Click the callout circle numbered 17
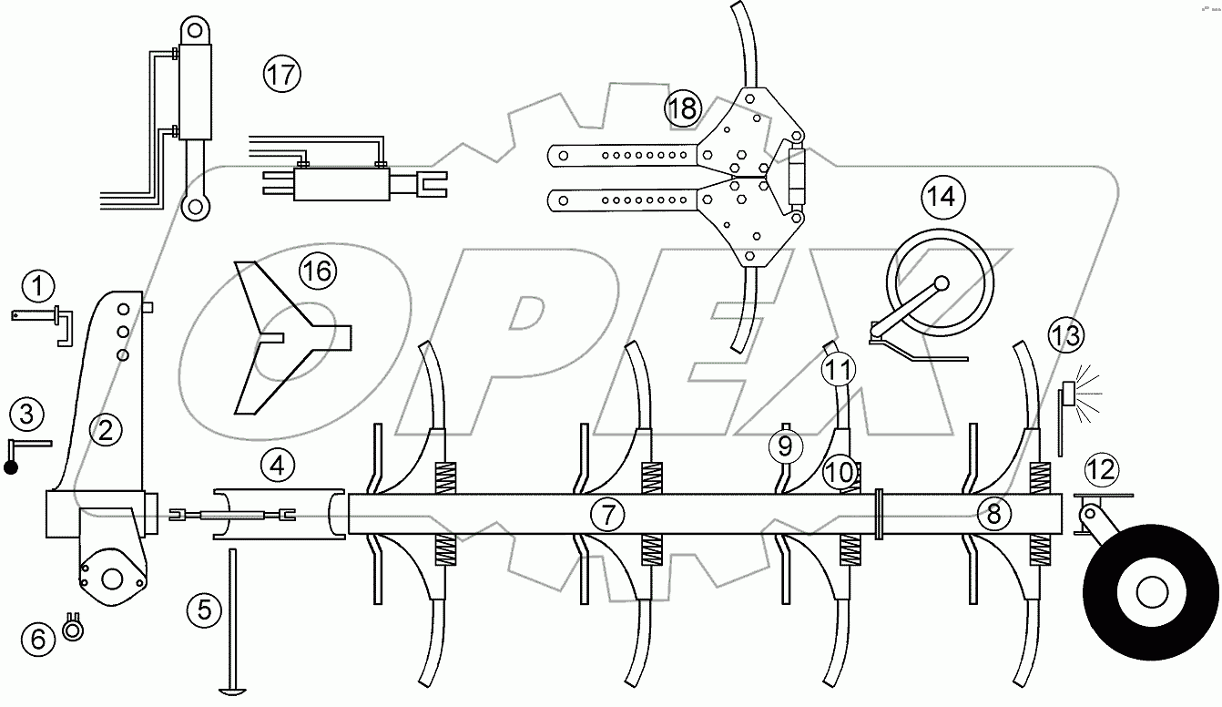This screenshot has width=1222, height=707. [x=281, y=73]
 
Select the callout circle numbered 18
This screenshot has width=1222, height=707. [x=681, y=108]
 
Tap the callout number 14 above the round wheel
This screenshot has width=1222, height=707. [x=942, y=195]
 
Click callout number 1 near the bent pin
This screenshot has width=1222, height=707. [x=37, y=287]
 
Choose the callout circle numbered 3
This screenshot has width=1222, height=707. [x=27, y=415]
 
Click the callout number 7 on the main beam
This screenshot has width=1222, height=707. [x=607, y=515]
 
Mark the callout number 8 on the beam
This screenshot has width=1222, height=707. [x=993, y=514]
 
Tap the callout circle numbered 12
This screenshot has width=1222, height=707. [x=1101, y=470]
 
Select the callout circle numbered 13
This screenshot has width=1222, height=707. [x=1064, y=334]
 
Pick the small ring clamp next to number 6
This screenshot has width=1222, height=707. [x=74, y=628]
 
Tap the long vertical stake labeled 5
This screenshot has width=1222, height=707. [x=233, y=620]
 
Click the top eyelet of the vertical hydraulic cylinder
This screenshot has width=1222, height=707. [x=193, y=29]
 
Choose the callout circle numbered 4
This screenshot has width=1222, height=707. [x=277, y=466]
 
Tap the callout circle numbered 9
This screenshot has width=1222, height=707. [x=785, y=446]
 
